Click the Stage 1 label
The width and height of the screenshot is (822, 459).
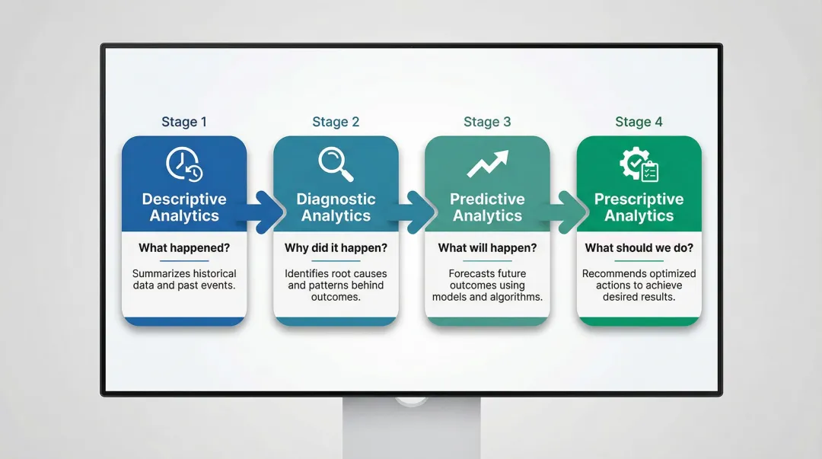pyautogui.click(x=183, y=122)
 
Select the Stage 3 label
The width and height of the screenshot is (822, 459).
pyautogui.click(x=487, y=122)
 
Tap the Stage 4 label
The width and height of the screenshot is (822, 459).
pyautogui.click(x=639, y=122)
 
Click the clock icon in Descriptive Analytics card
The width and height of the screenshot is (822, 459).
pyautogui.click(x=183, y=164)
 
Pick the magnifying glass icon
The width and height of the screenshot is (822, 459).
pyautogui.click(x=336, y=164)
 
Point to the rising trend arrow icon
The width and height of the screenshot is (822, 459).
pyautogui.click(x=487, y=164)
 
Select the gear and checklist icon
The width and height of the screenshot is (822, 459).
pyautogui.click(x=639, y=164)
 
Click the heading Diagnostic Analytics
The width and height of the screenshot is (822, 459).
pyautogui.click(x=336, y=208)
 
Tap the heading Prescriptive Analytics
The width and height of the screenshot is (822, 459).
pyautogui.click(x=639, y=208)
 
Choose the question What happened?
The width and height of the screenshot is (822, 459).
pyautogui.click(x=183, y=248)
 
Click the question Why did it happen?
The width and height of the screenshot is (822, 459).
pyautogui.click(x=336, y=248)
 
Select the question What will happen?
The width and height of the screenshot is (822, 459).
pyautogui.click(x=487, y=248)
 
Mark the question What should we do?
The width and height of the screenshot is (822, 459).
pyautogui.click(x=639, y=248)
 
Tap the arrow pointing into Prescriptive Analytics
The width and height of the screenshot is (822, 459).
pyautogui.click(x=569, y=212)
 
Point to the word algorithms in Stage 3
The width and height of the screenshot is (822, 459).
pyautogui.click(x=515, y=298)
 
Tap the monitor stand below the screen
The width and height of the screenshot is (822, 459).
pyautogui.click(x=411, y=430)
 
